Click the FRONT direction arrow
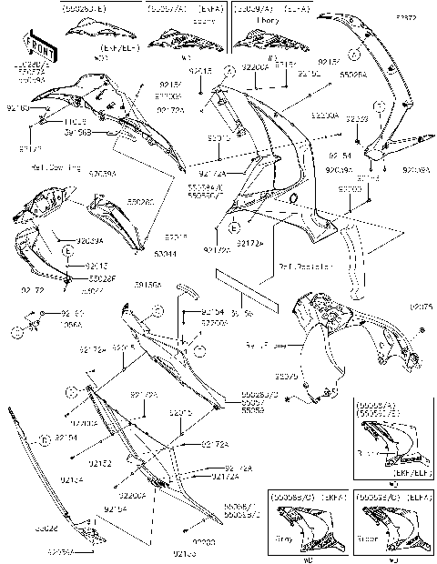(36, 45)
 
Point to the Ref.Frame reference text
(262, 347)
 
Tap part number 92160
(17, 108)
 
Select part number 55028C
(117, 202)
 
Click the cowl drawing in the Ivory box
(264, 38)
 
